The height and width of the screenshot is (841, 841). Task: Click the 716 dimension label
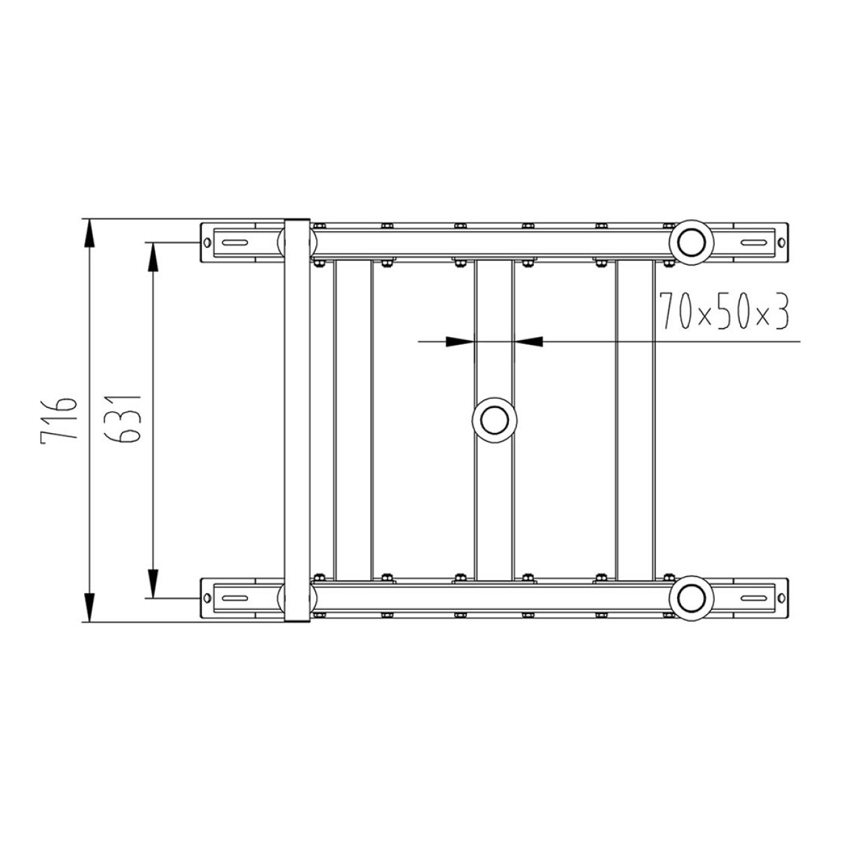click(59, 419)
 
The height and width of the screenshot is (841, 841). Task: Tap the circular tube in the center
click(495, 420)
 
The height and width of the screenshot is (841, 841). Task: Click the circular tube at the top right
click(691, 242)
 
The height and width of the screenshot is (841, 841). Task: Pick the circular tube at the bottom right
click(691, 598)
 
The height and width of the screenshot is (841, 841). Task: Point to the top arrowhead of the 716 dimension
click(89, 233)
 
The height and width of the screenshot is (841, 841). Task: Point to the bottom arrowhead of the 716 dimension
click(89, 607)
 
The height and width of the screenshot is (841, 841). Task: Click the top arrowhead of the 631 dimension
click(153, 257)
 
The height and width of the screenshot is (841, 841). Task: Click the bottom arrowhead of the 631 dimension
click(153, 583)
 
